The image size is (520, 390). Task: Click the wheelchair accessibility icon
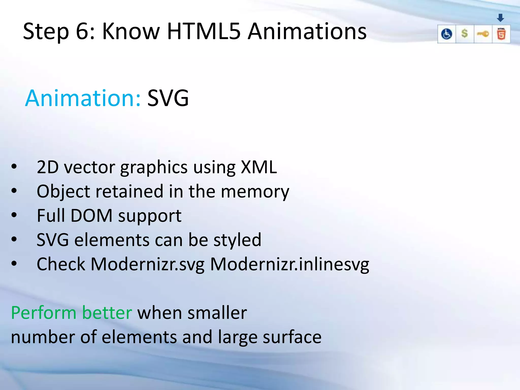click(x=446, y=34)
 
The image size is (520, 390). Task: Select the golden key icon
click(x=483, y=34)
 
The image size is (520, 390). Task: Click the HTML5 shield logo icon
click(x=501, y=34)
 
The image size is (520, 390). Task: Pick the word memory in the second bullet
click(x=255, y=191)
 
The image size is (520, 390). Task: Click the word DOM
click(x=91, y=216)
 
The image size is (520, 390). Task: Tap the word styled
click(x=237, y=240)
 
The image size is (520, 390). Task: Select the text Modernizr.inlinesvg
click(x=289, y=264)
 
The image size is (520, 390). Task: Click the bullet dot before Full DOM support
click(x=14, y=215)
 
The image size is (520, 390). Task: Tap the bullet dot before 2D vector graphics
click(x=14, y=167)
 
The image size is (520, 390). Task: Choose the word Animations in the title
click(x=307, y=31)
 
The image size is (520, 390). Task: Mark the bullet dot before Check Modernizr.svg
click(x=14, y=264)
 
